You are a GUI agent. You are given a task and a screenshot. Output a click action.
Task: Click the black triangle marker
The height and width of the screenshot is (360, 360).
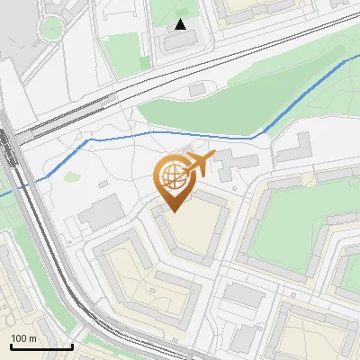[x=181, y=24]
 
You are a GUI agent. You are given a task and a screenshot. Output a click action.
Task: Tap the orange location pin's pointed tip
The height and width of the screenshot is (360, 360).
[x=174, y=211]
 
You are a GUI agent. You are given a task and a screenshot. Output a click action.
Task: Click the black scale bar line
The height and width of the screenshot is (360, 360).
[x=41, y=346]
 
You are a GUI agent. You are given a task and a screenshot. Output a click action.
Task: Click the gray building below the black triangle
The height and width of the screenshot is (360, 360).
[x=181, y=41]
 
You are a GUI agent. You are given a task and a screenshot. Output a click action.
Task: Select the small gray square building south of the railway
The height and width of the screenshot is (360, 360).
[x=197, y=90]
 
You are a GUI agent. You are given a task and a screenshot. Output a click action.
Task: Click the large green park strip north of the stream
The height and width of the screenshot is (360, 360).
[x=207, y=112]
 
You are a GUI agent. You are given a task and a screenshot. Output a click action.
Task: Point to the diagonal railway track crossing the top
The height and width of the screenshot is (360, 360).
[x=180, y=82]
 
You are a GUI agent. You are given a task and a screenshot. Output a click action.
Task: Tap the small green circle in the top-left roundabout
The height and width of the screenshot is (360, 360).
[x=52, y=29]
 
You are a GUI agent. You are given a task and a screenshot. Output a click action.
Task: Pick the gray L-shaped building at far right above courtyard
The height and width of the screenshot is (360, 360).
[x=294, y=148]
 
